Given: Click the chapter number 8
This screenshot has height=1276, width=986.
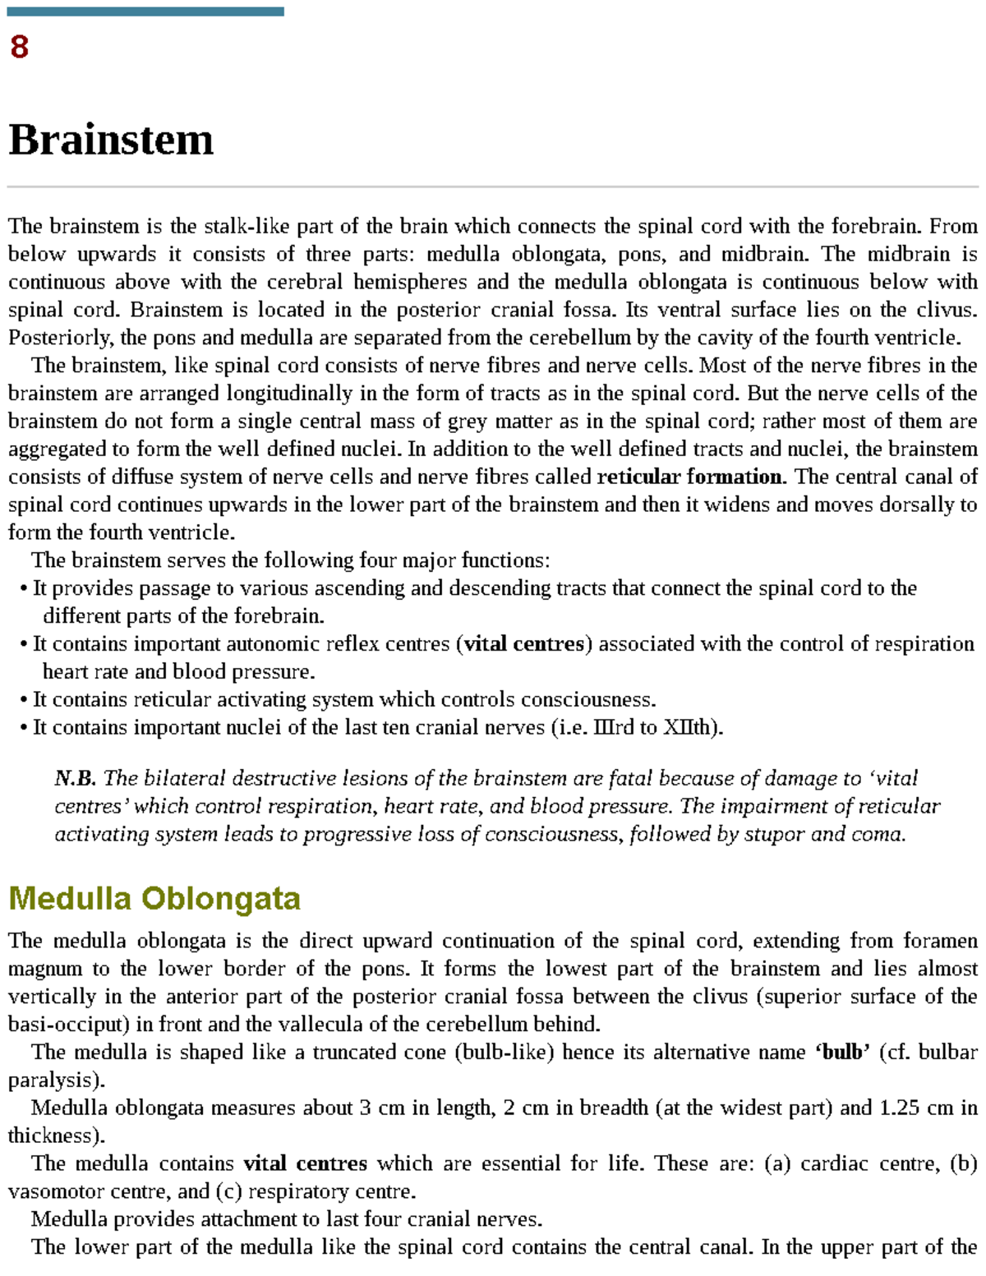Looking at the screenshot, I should tap(19, 47).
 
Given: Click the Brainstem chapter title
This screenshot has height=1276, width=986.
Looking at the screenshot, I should tap(111, 140).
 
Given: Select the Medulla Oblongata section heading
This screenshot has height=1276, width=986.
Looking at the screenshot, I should tap(154, 898).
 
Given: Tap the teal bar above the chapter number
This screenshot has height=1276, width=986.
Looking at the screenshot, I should tap(145, 12).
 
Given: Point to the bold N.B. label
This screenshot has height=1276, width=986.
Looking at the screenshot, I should tap(75, 778).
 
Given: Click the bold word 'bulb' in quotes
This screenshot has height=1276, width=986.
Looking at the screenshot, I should tap(842, 1053).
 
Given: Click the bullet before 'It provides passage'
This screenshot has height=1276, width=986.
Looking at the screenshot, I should tap(24, 589).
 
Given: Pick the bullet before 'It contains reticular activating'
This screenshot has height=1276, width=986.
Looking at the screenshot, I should tap(24, 701).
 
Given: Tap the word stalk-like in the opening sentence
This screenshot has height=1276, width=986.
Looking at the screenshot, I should tap(246, 226).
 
